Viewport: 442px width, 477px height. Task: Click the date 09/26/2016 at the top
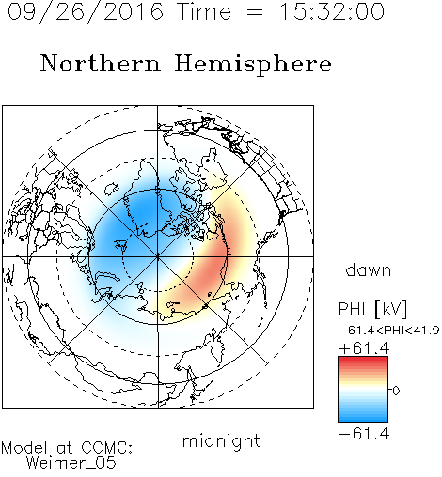point(86,12)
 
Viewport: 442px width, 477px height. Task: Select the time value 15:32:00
point(332,12)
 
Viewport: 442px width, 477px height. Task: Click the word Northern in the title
point(101,63)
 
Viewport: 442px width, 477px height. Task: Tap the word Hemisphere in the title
point(253,65)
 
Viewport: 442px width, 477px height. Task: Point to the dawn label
point(369,270)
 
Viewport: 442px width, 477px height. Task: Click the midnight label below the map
point(221,440)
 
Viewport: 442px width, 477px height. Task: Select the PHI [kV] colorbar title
point(372,310)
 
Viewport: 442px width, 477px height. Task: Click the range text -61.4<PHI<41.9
point(388,331)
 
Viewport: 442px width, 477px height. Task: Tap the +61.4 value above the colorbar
point(364,348)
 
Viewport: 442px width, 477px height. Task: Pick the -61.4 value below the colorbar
point(364,434)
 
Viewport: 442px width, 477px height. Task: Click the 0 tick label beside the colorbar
point(396,391)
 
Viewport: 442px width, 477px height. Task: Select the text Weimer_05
point(71,463)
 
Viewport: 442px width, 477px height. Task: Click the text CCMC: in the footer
point(107,448)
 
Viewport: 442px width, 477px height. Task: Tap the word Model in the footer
point(24,448)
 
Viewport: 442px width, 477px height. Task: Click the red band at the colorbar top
point(363,361)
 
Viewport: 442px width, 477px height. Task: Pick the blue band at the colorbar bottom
point(363,418)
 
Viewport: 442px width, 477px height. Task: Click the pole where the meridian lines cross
point(158,256)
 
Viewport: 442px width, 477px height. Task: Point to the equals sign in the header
point(255,12)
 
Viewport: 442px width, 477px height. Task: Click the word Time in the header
point(204,12)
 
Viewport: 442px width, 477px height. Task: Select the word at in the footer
point(65,448)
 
